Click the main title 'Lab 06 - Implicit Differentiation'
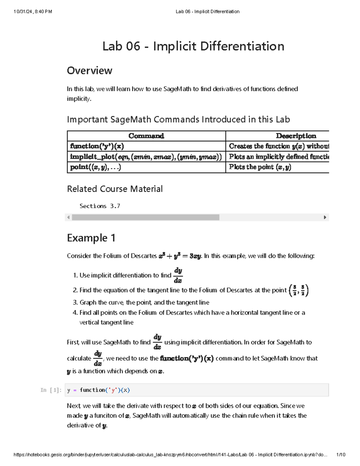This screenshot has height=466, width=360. click(193, 47)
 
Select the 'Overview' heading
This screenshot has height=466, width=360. click(89, 71)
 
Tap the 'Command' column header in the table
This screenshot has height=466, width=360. click(146, 136)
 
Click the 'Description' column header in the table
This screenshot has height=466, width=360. click(296, 136)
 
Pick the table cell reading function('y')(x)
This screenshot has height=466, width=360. click(97, 146)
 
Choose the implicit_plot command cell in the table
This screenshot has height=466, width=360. click(146, 157)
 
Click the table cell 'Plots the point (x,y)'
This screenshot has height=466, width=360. click(260, 167)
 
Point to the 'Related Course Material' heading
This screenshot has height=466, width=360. click(115, 189)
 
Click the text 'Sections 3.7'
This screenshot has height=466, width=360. click(100, 206)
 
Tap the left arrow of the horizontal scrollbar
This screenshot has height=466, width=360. click(68, 217)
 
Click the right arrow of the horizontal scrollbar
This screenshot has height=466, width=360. click(325, 217)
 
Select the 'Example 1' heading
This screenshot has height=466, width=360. click(91, 238)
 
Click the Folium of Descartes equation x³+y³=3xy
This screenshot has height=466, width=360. click(180, 256)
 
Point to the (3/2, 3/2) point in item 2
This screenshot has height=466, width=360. click(298, 290)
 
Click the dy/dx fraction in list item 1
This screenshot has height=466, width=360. click(178, 275)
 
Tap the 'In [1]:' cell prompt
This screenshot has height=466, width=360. click(51, 390)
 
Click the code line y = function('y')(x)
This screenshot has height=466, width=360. click(99, 390)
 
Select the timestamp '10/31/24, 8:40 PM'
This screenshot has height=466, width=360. click(33, 12)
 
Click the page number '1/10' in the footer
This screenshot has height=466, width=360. click(341, 455)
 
